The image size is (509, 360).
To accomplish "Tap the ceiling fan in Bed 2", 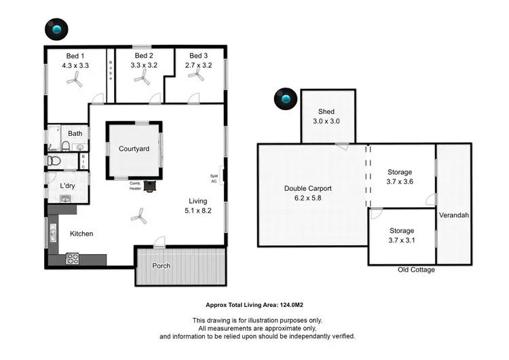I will pos(142,79).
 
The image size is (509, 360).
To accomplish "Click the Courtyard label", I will pos(134,149).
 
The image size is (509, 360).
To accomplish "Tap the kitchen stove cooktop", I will pos(73,258).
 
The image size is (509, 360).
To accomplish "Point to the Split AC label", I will pos(214,178).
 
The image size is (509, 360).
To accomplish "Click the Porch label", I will pos(161,266).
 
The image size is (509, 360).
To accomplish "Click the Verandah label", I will pos(454,215).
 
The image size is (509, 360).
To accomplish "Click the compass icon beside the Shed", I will pos(285,101).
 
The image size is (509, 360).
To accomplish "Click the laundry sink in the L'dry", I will pos(66,199).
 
